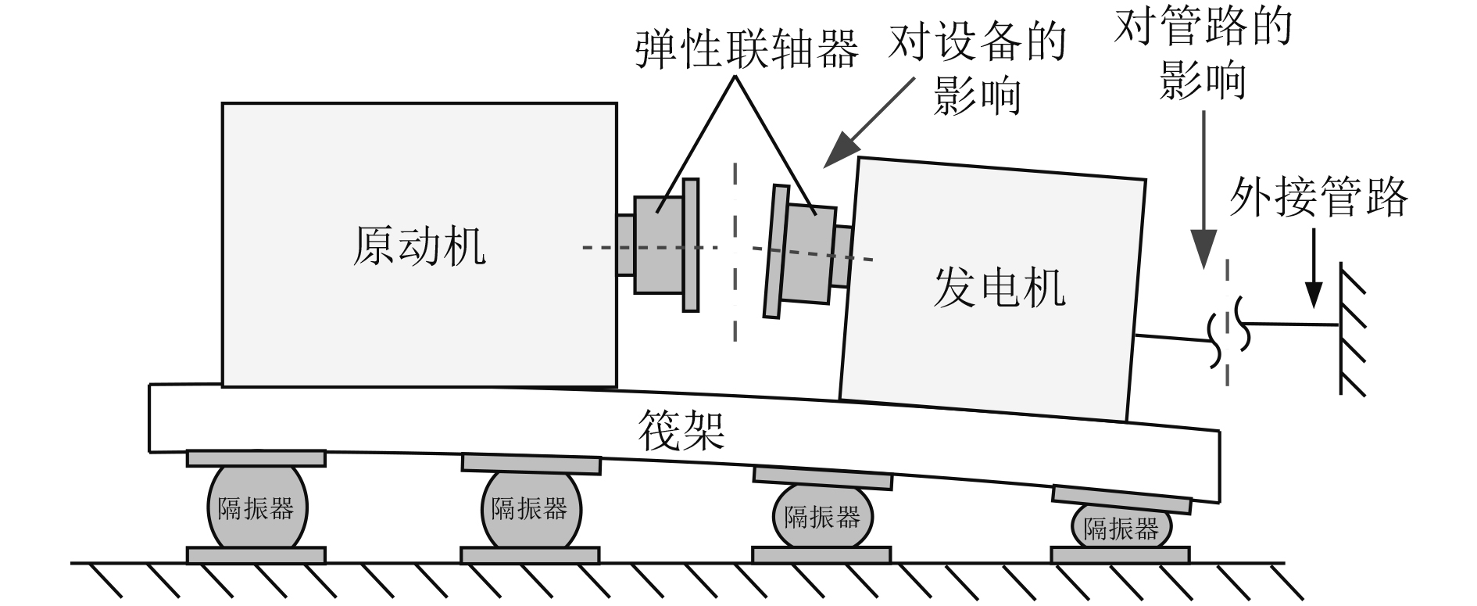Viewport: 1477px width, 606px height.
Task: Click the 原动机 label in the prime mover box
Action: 419,247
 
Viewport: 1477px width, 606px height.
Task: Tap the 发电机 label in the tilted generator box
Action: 999,288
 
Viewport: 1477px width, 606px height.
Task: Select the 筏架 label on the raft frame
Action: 681,429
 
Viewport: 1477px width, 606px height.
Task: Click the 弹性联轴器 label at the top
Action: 746,48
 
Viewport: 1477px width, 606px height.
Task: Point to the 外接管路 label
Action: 1318,197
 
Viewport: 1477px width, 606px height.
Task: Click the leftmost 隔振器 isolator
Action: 256,508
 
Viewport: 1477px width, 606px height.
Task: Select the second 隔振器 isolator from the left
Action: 530,510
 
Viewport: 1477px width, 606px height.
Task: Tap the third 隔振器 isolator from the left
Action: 822,517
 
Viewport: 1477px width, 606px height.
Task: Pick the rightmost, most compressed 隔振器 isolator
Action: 1121,529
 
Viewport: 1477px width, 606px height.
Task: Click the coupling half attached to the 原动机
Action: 659,245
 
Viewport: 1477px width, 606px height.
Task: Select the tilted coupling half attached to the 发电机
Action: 808,253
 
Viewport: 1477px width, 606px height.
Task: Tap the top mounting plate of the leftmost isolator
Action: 256,458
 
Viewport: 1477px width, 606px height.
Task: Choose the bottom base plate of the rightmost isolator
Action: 1120,555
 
